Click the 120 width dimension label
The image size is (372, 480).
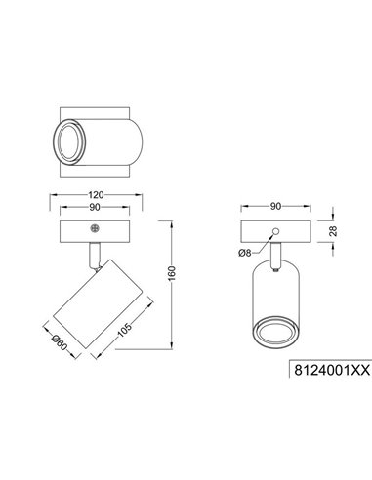[x=95, y=195]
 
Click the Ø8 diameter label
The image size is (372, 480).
[x=247, y=255]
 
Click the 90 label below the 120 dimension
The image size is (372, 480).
[x=95, y=209]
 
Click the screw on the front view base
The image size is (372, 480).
[x=95, y=228]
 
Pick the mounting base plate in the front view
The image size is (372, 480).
[x=95, y=232]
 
